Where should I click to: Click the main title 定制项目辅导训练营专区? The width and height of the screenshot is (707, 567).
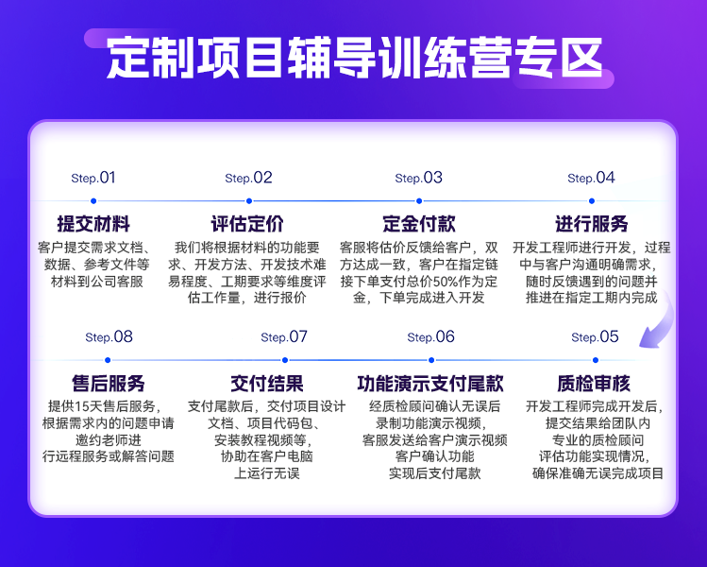coord(353,59)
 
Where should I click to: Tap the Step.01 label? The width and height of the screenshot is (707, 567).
coord(93,178)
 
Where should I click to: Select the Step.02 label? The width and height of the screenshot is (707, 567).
coord(249,178)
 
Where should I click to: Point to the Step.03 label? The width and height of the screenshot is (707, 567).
coord(418,178)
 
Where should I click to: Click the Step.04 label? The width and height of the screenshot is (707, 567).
coord(591,178)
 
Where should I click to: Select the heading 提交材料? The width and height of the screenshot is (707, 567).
coord(93,224)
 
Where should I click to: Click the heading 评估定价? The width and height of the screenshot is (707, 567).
coord(248,224)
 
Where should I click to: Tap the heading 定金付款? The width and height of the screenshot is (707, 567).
coord(419,224)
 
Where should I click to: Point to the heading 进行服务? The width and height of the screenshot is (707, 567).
coord(592,224)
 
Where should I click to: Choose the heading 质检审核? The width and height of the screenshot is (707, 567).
coord(594,384)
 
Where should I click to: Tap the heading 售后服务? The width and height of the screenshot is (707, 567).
coord(109,384)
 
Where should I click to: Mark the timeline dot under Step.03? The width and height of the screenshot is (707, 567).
coord(419,200)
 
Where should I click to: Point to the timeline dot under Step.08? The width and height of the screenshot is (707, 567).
coord(109,360)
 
